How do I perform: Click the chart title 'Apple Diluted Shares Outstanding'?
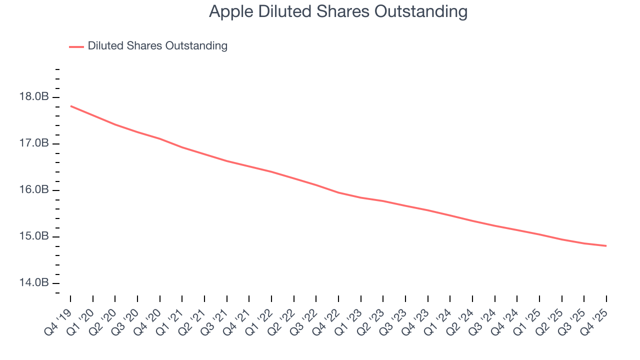pos(338,11)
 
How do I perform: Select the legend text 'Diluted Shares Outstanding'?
pos(157,46)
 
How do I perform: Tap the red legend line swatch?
pos(76,46)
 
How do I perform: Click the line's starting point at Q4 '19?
pos(70,106)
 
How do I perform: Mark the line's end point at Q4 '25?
pos(606,245)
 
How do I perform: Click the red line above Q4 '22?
pos(338,192)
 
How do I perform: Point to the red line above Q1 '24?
pos(450,215)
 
